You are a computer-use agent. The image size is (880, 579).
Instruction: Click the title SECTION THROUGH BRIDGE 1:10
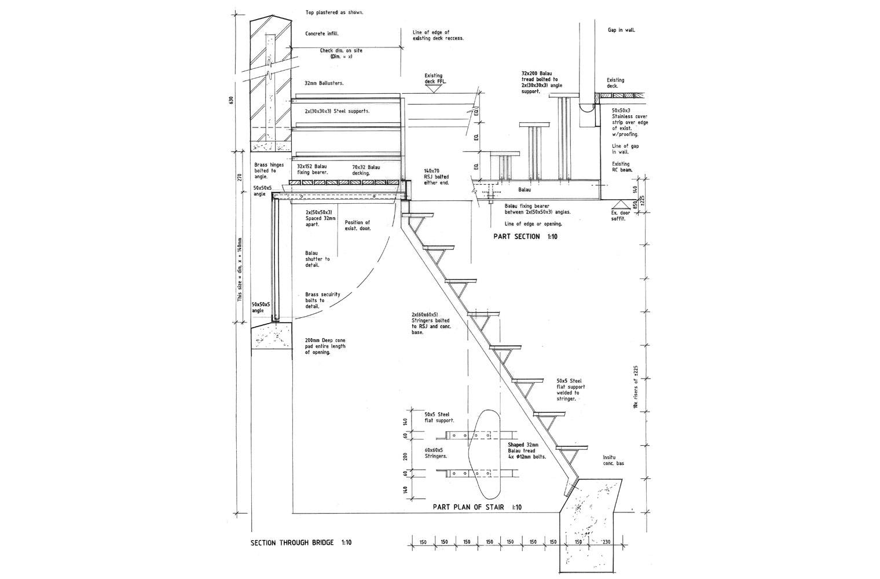300,543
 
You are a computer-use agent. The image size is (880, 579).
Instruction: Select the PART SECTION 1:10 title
516,237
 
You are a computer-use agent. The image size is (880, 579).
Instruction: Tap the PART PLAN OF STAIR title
477,507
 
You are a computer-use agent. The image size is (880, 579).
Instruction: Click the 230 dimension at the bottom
606,543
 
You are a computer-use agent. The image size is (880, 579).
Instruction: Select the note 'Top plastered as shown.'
335,12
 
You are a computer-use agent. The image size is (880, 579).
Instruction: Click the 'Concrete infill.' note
322,34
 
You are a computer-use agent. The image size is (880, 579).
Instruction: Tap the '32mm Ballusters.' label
324,83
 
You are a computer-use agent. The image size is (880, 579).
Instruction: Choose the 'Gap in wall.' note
621,30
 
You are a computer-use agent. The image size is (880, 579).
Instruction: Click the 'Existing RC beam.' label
622,167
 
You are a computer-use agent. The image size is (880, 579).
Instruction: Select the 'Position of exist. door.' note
357,225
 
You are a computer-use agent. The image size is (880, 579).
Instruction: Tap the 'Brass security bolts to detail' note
322,301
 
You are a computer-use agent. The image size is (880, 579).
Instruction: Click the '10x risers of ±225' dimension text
635,387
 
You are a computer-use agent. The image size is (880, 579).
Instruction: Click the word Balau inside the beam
525,189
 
